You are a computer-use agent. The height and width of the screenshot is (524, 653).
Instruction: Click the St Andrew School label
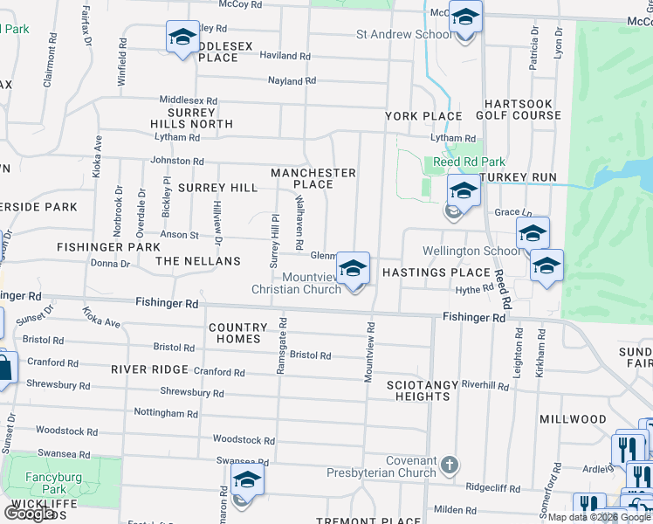403,34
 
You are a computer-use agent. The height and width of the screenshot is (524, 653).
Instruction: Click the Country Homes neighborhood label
235,333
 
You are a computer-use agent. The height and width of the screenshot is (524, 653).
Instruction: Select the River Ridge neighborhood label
150,369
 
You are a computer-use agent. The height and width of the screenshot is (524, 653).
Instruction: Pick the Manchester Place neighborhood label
313,178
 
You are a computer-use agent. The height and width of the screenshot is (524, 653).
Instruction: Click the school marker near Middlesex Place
182,38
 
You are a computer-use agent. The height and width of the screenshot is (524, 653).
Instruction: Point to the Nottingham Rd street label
166,412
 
